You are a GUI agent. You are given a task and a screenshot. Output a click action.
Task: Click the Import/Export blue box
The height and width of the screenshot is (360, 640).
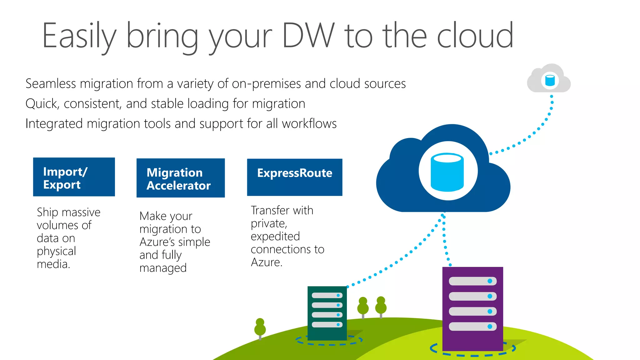click(74, 177)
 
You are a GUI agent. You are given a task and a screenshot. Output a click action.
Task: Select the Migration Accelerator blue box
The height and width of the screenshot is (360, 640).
click(181, 178)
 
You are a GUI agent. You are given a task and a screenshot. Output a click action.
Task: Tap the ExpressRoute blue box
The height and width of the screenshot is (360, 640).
click(295, 177)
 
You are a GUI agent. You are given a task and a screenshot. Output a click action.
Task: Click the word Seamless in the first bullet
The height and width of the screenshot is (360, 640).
click(51, 84)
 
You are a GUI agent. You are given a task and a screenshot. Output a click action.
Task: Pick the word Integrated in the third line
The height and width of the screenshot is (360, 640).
click(54, 124)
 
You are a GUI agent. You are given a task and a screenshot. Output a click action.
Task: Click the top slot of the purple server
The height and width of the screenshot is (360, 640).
click(472, 281)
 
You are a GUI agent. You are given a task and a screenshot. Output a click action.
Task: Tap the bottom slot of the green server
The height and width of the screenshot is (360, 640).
click(327, 325)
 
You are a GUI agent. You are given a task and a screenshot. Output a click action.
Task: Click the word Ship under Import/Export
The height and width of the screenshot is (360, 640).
click(47, 212)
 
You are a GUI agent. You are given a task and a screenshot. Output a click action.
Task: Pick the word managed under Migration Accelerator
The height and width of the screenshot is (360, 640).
click(163, 268)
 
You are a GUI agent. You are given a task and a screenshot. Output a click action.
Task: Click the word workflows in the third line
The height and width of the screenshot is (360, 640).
click(309, 124)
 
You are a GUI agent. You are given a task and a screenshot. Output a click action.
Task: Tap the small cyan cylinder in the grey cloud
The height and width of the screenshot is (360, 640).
click(550, 80)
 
